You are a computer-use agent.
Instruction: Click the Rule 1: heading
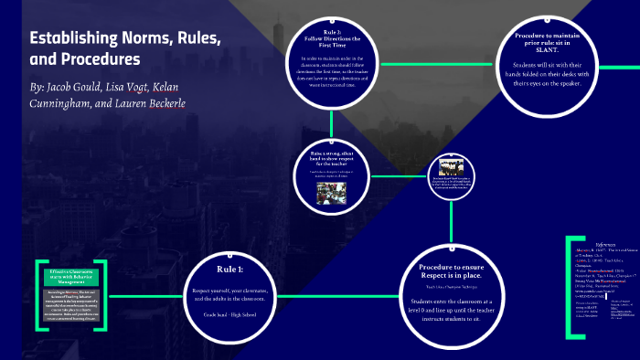(230, 270)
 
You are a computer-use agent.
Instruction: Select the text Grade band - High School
(230, 315)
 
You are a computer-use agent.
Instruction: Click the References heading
(606, 244)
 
